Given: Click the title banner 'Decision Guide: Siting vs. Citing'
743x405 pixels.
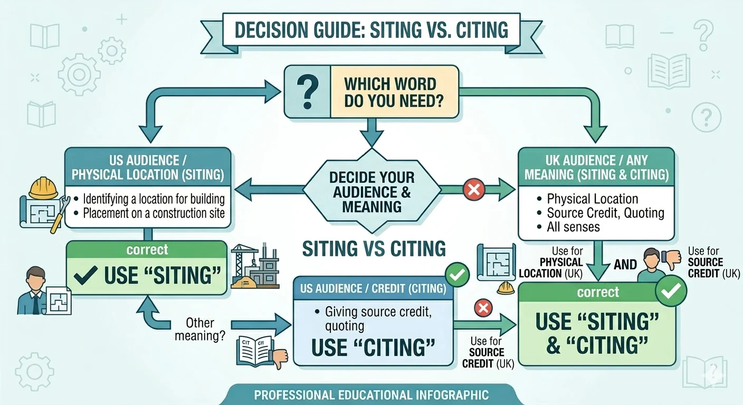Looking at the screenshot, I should (x=371, y=30).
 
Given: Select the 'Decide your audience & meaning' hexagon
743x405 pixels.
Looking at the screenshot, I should (x=371, y=191).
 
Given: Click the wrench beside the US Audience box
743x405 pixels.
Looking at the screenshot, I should (x=59, y=216).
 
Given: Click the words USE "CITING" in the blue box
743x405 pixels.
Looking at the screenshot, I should (x=373, y=347).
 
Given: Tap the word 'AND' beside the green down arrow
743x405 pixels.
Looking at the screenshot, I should (x=625, y=264).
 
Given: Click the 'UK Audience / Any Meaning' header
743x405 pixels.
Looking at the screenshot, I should (x=596, y=167).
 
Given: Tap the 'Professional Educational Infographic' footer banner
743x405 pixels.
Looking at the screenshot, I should (x=371, y=394).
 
